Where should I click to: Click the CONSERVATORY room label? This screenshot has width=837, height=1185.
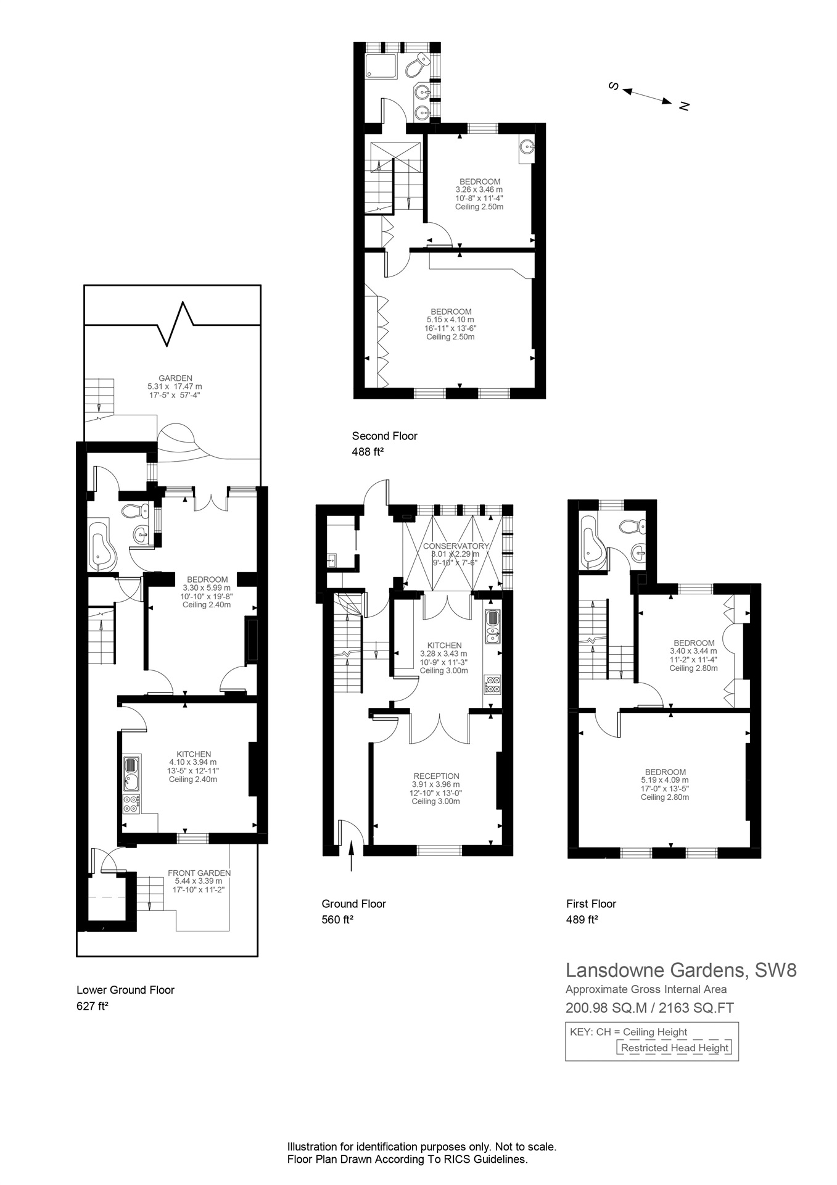[456, 546]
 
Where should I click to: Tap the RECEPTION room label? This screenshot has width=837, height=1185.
[436, 776]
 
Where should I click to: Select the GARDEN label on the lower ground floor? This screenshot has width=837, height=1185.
[175, 378]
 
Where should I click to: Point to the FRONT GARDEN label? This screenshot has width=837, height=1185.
[199, 873]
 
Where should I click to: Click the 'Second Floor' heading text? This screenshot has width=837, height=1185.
[384, 436]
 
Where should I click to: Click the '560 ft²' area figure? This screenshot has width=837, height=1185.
[337, 920]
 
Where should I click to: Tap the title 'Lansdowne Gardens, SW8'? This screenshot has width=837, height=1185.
[681, 970]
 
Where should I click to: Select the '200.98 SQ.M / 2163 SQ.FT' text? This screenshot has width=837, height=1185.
[649, 1008]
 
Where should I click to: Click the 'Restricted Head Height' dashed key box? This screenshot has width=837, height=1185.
[674, 1047]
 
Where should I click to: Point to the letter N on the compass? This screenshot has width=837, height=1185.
[683, 106]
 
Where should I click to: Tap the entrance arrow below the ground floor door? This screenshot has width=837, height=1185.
[351, 857]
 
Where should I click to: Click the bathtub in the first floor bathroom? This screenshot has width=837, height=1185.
[592, 541]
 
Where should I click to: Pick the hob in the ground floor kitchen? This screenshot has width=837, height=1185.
[493, 684]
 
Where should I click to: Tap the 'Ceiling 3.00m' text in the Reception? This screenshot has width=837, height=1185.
[436, 802]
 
